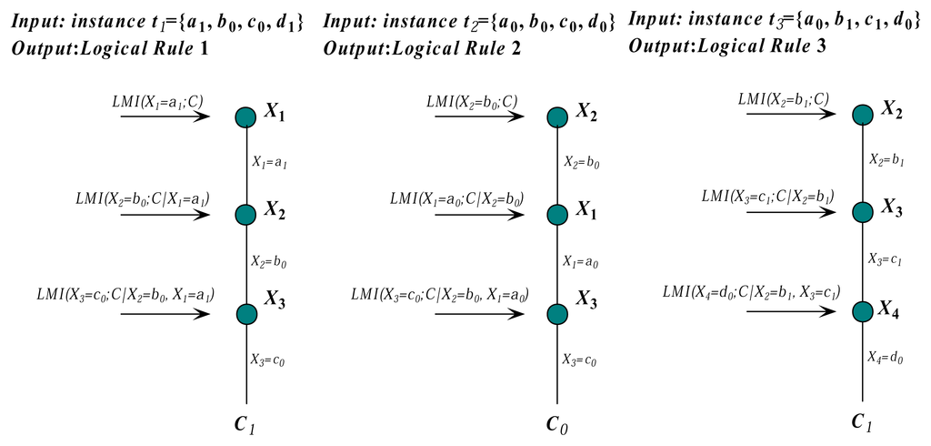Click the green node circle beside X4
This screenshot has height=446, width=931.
pos(863,311)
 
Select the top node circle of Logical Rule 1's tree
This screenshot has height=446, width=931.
pos(245,117)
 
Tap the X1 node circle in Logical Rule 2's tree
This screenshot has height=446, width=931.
pos(558,214)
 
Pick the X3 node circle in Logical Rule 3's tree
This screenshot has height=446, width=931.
pos(863,212)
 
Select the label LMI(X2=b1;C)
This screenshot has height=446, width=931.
pos(783,98)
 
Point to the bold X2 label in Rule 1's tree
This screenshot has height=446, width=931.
pos(276,214)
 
